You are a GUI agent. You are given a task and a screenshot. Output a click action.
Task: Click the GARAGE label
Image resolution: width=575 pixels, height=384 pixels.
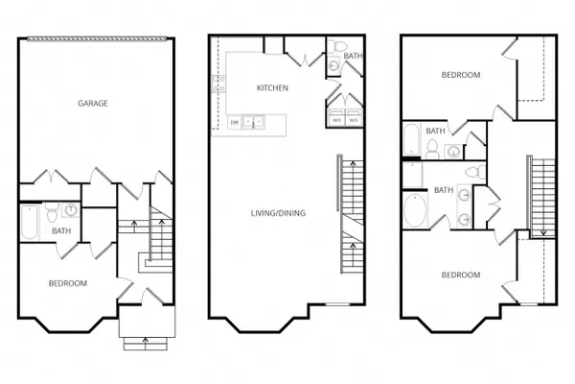click(93, 104)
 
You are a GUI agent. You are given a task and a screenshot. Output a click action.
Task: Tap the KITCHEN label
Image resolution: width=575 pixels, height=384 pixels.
click(272, 87)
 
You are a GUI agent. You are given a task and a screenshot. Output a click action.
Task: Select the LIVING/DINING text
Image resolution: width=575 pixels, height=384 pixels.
click(278, 213)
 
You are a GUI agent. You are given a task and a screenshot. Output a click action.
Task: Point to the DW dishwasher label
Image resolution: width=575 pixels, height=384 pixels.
click(235, 122)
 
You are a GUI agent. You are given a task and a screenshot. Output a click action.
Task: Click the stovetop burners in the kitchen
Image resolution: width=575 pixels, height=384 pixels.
click(218, 84)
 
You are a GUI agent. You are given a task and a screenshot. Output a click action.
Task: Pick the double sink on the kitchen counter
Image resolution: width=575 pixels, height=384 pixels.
click(253, 122)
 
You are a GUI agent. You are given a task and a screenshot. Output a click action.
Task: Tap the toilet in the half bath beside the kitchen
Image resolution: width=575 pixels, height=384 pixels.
click(337, 46)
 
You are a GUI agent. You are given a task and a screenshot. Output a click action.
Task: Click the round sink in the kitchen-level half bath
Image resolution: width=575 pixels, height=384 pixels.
click(333, 65)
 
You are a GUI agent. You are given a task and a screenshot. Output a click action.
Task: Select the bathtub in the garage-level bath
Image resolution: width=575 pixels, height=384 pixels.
click(30, 222)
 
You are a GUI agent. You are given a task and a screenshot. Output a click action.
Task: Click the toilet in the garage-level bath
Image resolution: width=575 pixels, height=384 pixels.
click(52, 213)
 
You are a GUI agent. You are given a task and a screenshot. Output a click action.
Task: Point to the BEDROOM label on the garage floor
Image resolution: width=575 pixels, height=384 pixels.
click(68, 283)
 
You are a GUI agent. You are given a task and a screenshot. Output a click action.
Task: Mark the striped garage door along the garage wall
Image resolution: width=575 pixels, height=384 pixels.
click(97, 38)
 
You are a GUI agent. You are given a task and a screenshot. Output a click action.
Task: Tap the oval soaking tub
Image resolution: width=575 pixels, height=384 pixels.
click(415, 210)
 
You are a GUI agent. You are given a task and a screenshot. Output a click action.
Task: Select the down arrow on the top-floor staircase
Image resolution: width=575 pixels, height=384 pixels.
click(543, 232)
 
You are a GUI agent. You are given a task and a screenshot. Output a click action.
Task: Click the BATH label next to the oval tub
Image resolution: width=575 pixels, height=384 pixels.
click(444, 190)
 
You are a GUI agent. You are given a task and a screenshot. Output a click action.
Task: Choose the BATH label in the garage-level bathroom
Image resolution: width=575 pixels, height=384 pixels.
click(61, 230)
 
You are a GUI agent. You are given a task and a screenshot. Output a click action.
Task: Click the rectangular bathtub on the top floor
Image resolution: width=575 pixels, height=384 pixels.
click(412, 140)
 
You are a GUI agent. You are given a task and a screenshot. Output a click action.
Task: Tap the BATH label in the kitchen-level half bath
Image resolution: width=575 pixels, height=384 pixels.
click(353, 56)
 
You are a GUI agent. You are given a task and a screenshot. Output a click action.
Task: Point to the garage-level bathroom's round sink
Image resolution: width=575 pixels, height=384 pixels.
click(71, 210)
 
